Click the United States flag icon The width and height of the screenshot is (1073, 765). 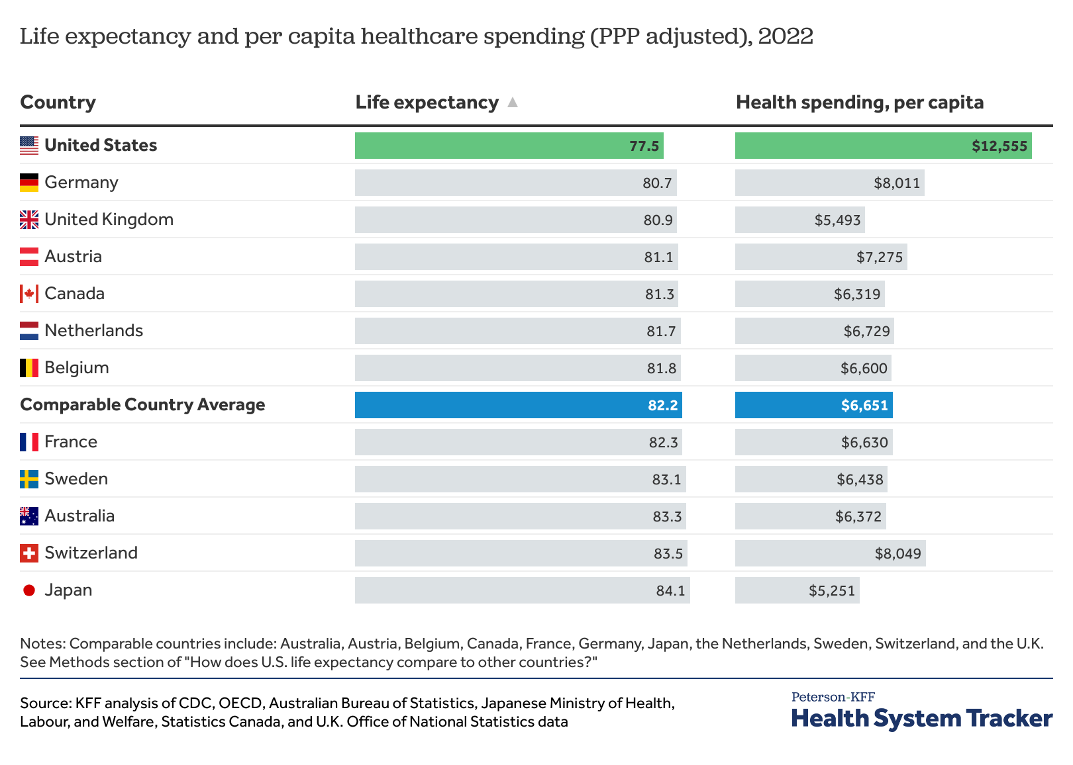pos(29,146)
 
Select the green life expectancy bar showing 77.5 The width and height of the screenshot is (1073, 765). pos(509,146)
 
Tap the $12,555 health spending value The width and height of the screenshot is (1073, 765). pos(999,146)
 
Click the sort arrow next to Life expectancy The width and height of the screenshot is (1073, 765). pos(512,102)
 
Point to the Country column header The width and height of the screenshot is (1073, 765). pos(58,102)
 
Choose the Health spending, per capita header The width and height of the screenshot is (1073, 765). pos(859,102)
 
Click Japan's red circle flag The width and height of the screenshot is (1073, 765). pos(29,590)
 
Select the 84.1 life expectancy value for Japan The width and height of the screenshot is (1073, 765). pos(670,590)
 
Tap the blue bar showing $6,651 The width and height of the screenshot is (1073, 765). pos(813,405)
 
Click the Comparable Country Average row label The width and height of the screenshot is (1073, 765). pos(142,404)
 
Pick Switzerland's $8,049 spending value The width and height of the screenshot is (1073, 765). pos(897,553)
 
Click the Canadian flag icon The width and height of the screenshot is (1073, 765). pos(29,294)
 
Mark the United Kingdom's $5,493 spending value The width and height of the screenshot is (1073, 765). pos(837,220)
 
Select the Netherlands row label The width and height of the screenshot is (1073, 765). pos(93,330)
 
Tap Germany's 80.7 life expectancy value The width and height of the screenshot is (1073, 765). pos(657,183)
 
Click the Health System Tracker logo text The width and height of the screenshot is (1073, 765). pos(921,718)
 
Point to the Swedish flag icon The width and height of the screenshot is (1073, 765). pos(29,479)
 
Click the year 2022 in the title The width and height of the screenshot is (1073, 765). pos(786,36)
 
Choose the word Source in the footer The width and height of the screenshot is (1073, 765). pos(45,703)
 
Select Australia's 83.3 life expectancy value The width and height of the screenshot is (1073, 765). pos(667,516)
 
